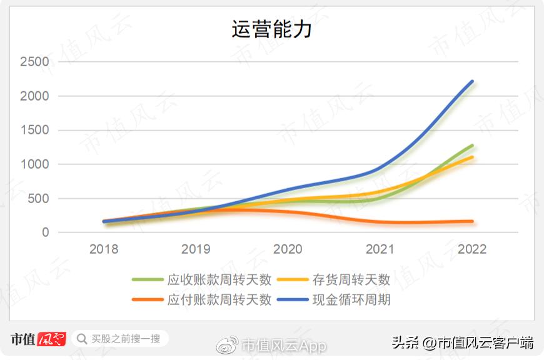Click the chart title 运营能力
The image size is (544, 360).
pyautogui.click(x=271, y=30)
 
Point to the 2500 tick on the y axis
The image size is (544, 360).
pyautogui.click(x=34, y=62)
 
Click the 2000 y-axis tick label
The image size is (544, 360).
pyautogui.click(x=34, y=96)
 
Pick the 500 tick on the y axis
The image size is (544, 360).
pyautogui.click(x=39, y=199)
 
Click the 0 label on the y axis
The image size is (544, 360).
pyautogui.click(x=45, y=232)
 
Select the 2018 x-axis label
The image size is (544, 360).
pyautogui.click(x=104, y=249)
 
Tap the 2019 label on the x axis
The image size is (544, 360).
pyautogui.click(x=196, y=249)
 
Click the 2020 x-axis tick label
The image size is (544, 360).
pyautogui.click(x=288, y=249)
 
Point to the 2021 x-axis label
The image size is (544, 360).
pyautogui.click(x=380, y=249)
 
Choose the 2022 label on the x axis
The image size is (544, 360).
pyautogui.click(x=472, y=249)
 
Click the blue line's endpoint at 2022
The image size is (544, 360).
pyautogui.click(x=472, y=81)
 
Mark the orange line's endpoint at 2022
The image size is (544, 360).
pyautogui.click(x=472, y=221)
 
